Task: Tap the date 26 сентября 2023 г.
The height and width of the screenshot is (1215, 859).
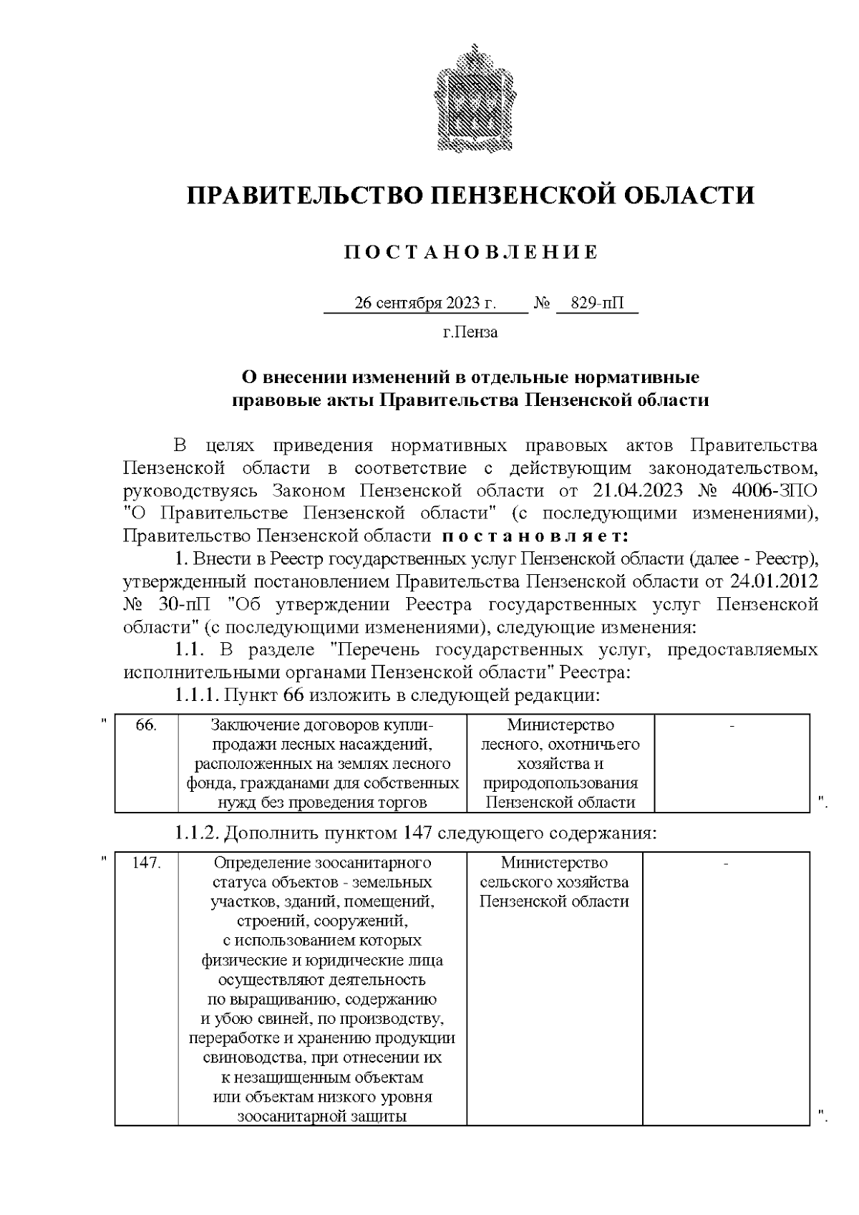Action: (x=425, y=303)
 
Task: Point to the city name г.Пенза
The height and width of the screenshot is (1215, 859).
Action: (x=470, y=332)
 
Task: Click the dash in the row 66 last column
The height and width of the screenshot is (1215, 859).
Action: (x=732, y=726)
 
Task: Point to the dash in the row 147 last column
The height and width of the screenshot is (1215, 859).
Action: (x=726, y=863)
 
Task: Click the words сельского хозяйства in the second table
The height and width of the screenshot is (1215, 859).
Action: (x=554, y=882)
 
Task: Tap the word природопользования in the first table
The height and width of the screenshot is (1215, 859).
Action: (x=560, y=783)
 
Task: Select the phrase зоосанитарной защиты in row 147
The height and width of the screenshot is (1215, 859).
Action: (x=322, y=1115)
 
